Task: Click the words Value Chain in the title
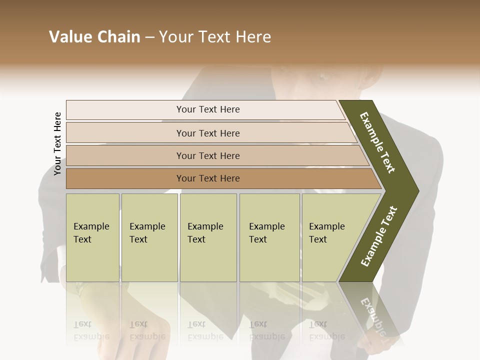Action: (x=94, y=37)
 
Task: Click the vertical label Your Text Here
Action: (x=57, y=143)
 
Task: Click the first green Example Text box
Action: (x=92, y=237)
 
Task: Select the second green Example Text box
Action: (x=149, y=237)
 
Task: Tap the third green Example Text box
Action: (x=208, y=237)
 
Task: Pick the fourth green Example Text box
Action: (x=269, y=237)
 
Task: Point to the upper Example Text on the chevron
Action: (x=378, y=142)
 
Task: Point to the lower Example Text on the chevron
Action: (x=379, y=236)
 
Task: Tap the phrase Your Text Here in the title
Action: (x=215, y=37)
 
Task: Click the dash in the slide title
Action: (x=149, y=37)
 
